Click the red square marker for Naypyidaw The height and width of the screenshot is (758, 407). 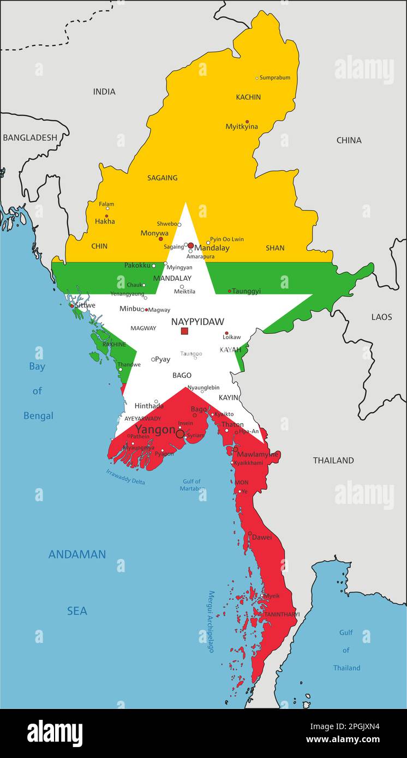tap(184, 331)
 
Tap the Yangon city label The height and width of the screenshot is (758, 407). tap(155, 430)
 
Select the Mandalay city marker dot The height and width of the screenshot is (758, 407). tap(190, 245)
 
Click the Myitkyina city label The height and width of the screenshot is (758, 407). tap(242, 127)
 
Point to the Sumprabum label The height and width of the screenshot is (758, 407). tap(275, 78)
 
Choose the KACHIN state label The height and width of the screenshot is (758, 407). tap(248, 97)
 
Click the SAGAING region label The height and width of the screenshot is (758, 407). tap(162, 178)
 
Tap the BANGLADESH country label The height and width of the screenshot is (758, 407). tap(29, 138)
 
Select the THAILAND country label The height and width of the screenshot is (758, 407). tap(333, 461)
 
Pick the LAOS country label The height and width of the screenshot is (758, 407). tap(381, 317)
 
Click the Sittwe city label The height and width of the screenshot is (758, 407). tap(85, 306)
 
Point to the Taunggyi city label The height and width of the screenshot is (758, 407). tap(246, 291)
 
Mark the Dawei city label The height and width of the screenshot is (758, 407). tap(261, 538)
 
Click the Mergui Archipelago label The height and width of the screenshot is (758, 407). tap(211, 622)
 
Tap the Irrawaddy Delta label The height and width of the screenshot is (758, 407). tap(125, 477)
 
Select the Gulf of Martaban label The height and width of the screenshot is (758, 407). tap(190, 485)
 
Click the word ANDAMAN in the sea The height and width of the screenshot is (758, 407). tap(77, 555)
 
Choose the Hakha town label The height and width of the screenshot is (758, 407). tap(105, 222)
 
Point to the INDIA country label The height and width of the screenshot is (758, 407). tap(104, 92)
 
